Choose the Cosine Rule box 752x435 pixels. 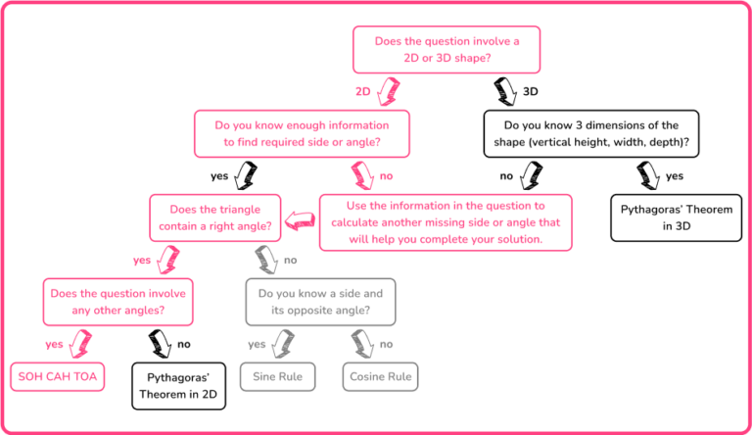tap(378, 375)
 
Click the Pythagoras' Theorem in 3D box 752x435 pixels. tap(670, 217)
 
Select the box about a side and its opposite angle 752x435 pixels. tap(321, 302)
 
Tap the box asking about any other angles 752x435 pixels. tap(117, 302)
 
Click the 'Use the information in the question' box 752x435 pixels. tap(446, 220)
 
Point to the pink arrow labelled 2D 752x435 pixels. tap(389, 92)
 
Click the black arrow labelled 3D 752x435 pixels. tap(506, 91)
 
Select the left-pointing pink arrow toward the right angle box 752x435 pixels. tap(300, 225)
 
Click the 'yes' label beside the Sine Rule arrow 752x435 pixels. tap(257, 344)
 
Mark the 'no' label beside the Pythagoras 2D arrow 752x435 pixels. tap(184, 344)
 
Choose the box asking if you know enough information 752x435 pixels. tap(301, 133)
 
